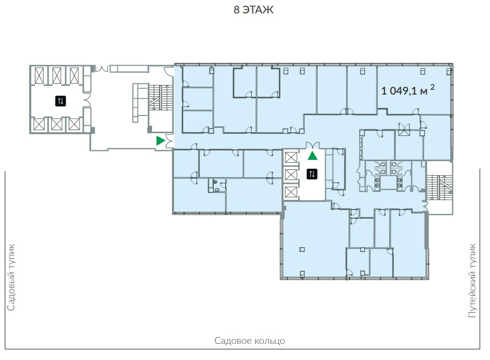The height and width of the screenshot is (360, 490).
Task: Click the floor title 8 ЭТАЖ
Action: [254, 10]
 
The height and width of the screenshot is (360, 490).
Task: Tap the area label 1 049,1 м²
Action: [407, 90]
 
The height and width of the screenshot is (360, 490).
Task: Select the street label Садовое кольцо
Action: [249, 340]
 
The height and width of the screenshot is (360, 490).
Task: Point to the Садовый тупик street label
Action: [11, 277]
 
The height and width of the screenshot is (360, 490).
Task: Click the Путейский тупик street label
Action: [472, 280]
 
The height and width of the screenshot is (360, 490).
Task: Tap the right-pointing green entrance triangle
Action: [161, 141]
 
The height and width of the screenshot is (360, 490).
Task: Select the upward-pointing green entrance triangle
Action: [313, 155]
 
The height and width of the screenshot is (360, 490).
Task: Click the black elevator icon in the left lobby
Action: [61, 101]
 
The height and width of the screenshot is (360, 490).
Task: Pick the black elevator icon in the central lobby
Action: [312, 174]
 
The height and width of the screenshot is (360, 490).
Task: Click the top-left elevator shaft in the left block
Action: [39, 75]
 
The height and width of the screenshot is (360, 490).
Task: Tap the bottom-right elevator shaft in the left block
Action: [74, 124]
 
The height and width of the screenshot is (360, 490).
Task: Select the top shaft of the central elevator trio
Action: [291, 157]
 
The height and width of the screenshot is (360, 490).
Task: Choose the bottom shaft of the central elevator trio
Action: [291, 192]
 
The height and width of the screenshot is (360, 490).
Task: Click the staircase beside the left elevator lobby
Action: [160, 97]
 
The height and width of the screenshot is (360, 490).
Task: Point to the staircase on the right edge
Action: [439, 188]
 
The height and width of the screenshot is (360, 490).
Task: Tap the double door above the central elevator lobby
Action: [313, 145]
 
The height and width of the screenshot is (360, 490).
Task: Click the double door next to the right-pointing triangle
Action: [169, 141]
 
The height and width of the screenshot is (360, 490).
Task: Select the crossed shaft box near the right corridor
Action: [403, 129]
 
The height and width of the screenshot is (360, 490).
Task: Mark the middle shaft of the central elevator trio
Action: [291, 175]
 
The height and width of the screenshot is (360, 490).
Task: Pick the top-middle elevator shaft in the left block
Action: [57, 75]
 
